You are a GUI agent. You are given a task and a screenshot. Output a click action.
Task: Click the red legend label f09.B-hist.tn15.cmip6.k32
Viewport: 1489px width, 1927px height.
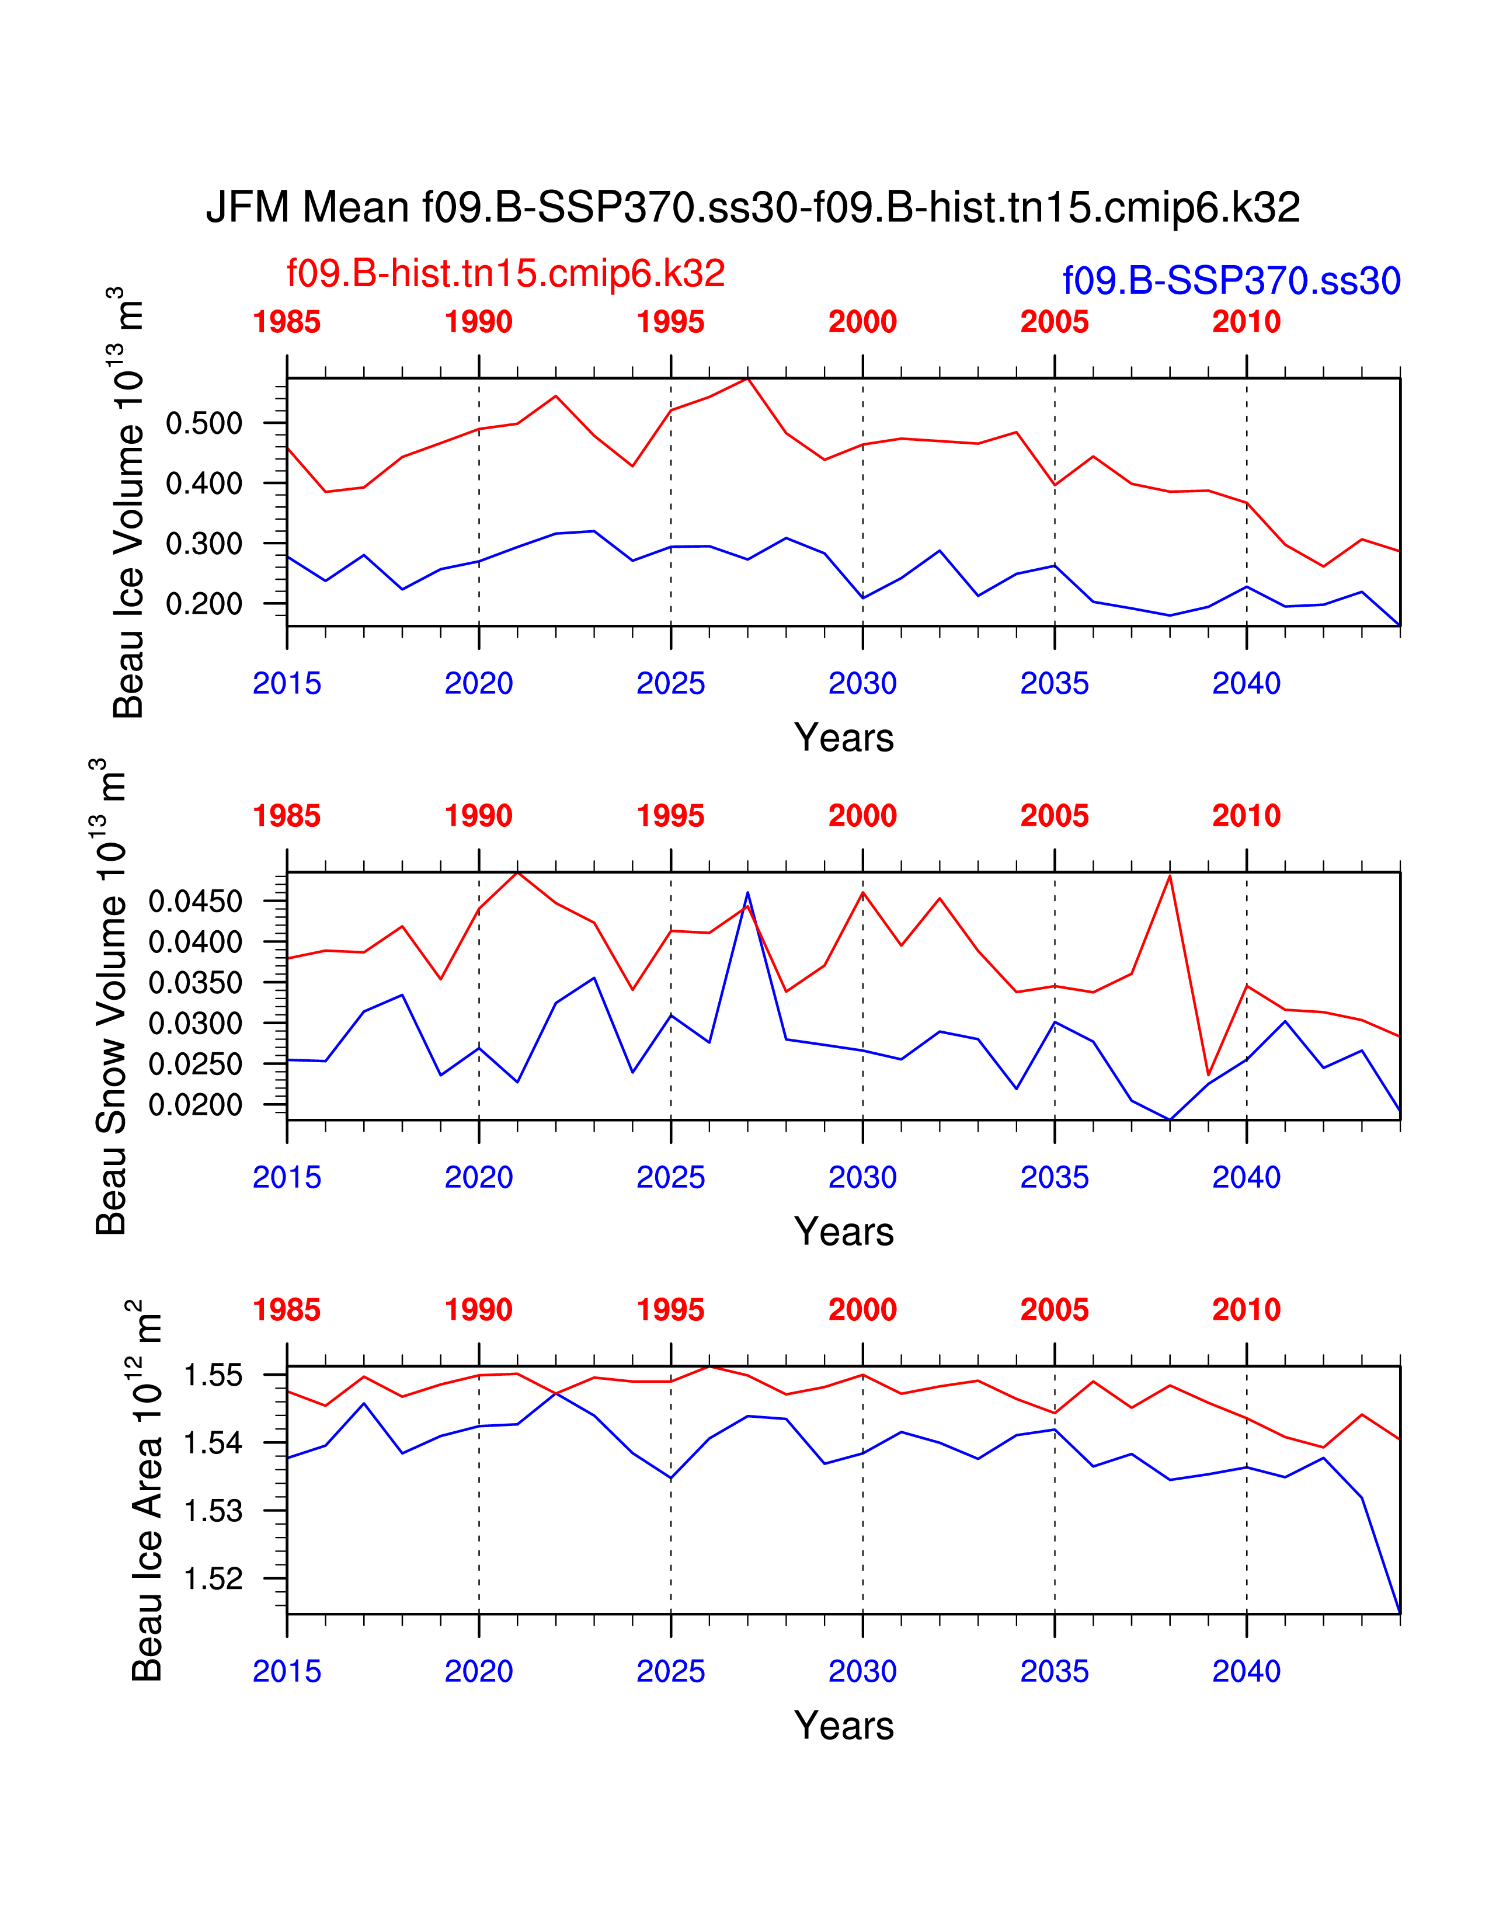506,273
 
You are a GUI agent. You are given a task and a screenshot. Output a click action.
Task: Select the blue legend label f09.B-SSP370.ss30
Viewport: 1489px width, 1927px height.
1231,280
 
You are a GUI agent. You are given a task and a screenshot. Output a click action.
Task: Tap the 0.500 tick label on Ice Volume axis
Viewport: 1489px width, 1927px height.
204,423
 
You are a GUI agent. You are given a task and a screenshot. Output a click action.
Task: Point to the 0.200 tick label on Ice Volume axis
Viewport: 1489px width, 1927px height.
204,604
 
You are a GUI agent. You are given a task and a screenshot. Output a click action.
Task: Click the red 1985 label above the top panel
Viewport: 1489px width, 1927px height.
287,322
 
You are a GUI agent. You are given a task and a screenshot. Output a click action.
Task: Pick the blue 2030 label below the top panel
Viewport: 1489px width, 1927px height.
862,683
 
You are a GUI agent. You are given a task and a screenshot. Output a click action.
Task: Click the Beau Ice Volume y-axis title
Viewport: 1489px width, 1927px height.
127,503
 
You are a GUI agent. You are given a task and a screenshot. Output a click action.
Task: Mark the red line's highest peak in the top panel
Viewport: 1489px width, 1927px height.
748,378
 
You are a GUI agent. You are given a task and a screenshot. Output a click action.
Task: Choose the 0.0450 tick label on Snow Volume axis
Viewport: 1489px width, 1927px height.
195,902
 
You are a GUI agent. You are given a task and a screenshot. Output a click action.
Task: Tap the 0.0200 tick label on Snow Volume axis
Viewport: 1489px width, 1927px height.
195,1105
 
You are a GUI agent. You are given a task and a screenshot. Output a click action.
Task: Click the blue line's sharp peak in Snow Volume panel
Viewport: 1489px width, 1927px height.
748,893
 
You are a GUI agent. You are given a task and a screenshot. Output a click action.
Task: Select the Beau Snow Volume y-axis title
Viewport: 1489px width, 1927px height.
110,997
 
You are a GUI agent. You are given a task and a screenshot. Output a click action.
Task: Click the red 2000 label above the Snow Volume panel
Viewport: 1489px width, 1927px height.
862,816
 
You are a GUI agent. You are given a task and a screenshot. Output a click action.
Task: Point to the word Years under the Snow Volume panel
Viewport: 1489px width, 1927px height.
843,1232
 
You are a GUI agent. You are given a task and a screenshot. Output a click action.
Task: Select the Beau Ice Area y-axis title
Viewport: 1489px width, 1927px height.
145,1491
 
